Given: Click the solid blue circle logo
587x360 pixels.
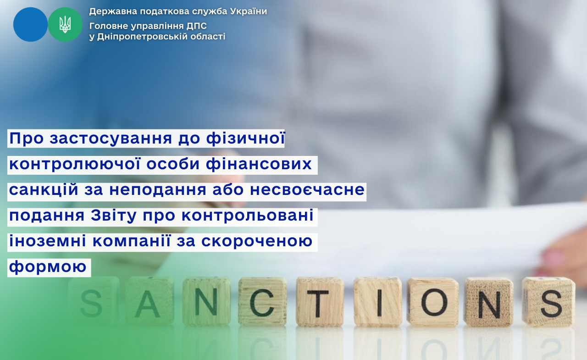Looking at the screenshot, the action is pos(30,24).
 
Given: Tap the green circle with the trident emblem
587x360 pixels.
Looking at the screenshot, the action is pos(65,24).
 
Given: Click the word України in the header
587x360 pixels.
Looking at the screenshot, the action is pos(249,11).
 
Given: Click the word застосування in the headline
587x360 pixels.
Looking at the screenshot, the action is pos(111,138).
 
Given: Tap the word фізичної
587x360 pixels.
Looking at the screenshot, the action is pos(245,138).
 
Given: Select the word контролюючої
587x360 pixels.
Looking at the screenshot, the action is pos(75,164).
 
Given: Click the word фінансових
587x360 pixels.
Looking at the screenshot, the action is pos(259,164).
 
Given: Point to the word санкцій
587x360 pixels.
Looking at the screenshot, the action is pos(44,189).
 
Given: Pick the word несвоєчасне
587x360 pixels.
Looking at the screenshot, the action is pos(307,190).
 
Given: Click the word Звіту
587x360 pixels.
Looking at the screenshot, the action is pos(114,216).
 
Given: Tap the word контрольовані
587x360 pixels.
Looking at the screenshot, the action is pos(247,216).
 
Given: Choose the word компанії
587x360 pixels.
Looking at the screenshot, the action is pos(131,240).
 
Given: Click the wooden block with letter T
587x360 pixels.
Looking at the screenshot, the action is pos(319,302).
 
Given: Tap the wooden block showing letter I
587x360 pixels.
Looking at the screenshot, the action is pos(377,302).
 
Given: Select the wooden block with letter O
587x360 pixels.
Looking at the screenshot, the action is pos(433,302).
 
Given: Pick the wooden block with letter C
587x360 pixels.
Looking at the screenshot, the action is pos(262,302).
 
